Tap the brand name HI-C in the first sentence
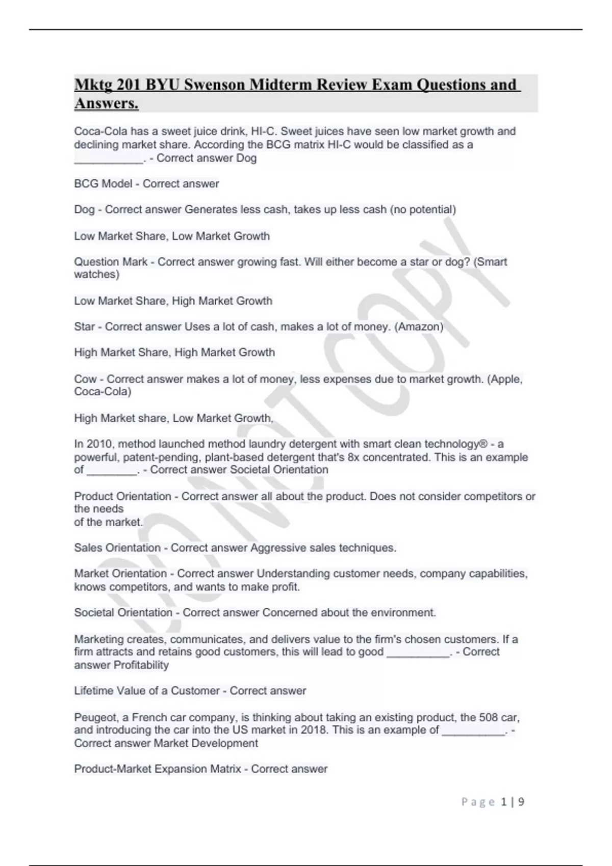[x=265, y=131]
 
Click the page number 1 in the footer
[x=504, y=802]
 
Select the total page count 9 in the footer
[x=521, y=802]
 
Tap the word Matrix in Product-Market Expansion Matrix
[x=224, y=769]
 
